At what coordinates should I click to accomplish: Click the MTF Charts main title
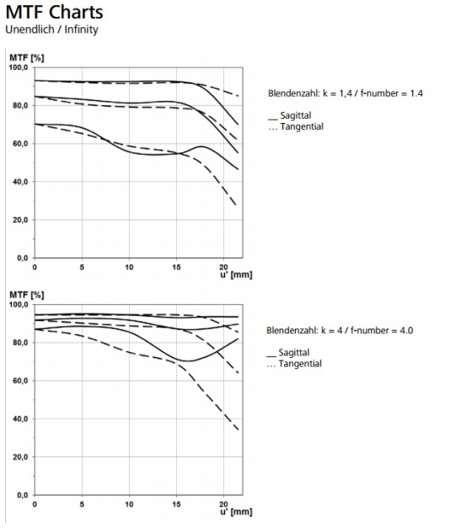[54, 12]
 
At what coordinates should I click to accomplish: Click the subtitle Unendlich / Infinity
[51, 29]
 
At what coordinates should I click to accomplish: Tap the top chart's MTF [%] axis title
[27, 57]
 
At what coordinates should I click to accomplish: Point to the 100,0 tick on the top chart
[19, 67]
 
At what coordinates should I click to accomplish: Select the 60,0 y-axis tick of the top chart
[20, 144]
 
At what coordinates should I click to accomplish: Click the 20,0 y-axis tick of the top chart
[20, 220]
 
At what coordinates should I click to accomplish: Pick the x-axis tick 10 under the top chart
[129, 267]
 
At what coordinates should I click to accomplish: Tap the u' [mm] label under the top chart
[236, 275]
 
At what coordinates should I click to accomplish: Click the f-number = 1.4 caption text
[392, 93]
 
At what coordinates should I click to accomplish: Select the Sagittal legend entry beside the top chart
[290, 115]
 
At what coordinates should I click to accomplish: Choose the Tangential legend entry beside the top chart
[296, 126]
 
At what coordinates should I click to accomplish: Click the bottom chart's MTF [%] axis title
[27, 295]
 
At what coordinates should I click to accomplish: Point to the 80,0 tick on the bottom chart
[20, 343]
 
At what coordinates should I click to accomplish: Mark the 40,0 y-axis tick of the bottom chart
[20, 419]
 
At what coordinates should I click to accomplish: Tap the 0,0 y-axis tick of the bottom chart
[23, 495]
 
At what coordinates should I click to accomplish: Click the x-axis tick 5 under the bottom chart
[82, 504]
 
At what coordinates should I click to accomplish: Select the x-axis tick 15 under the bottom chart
[176, 504]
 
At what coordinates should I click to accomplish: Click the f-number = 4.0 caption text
[382, 330]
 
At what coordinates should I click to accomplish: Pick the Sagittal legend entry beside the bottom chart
[288, 353]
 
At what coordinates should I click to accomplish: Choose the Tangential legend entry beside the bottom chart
[294, 364]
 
